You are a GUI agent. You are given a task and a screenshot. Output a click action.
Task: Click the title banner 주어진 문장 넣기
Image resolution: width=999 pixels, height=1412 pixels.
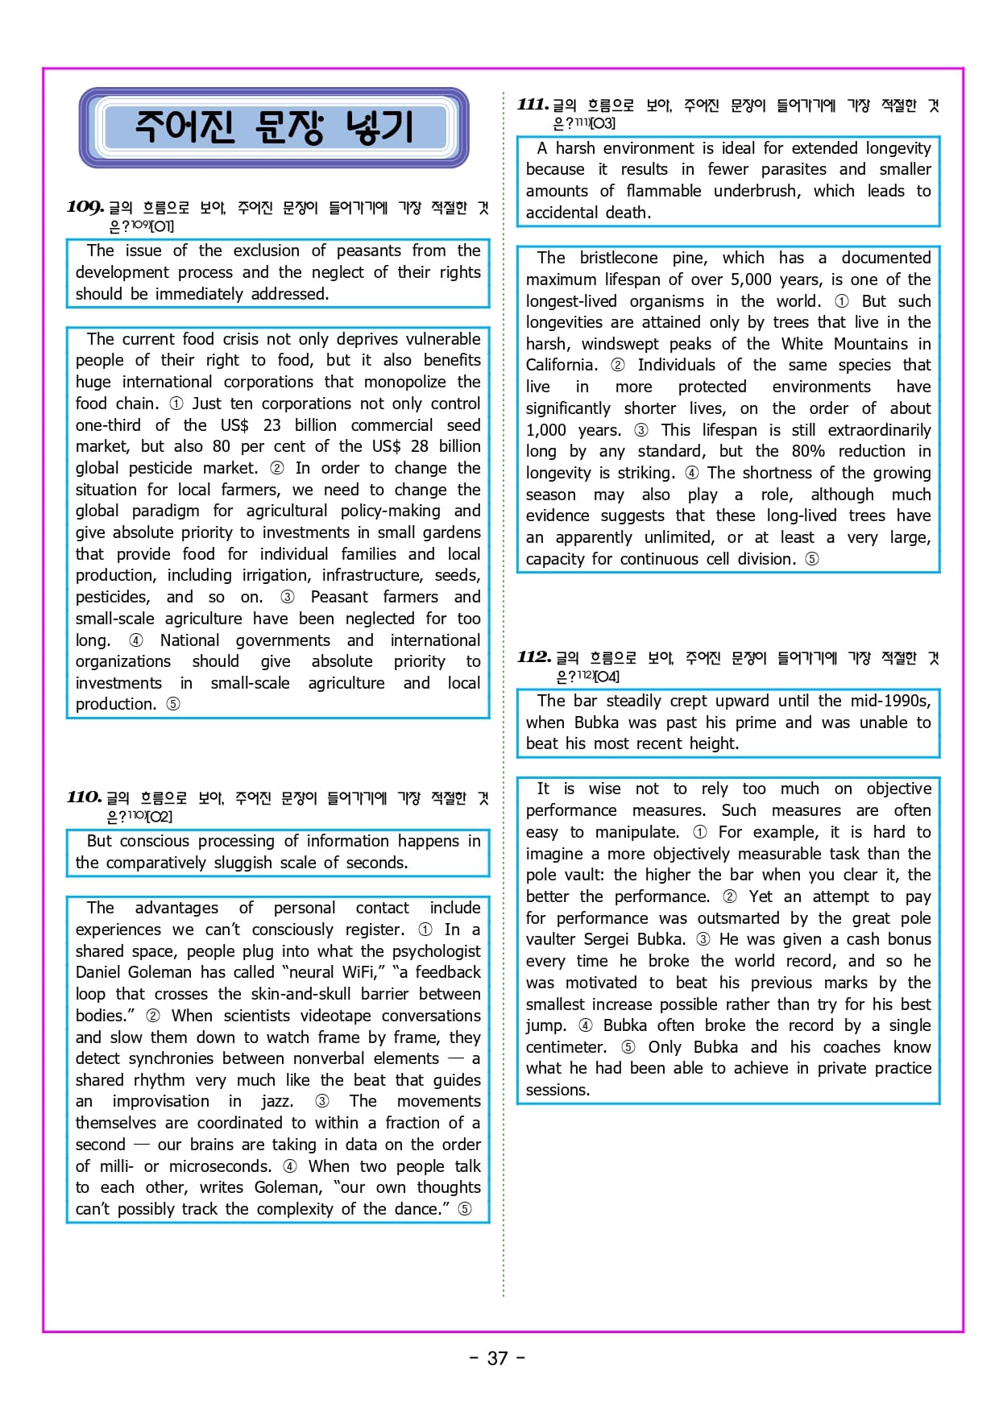(x=274, y=127)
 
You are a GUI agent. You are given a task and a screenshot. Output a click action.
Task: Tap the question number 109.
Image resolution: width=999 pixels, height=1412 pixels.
(x=85, y=207)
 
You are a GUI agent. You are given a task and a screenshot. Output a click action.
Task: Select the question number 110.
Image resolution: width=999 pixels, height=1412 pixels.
(x=85, y=797)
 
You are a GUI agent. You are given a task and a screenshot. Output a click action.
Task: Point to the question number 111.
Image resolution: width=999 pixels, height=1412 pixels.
(x=533, y=105)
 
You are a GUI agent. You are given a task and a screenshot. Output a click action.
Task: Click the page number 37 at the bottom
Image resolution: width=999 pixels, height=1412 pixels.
(x=498, y=1358)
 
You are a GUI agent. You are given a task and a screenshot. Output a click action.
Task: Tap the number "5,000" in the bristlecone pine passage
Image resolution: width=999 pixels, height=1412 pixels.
(x=751, y=280)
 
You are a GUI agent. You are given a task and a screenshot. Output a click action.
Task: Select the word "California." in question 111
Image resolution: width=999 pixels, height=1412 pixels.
(x=562, y=365)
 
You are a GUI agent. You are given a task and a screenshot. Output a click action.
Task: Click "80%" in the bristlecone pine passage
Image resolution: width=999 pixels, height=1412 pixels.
(x=808, y=451)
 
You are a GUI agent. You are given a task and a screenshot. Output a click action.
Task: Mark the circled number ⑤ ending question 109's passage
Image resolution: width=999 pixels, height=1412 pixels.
(x=172, y=704)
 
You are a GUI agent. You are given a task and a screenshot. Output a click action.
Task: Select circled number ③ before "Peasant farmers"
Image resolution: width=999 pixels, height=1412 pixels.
(x=288, y=597)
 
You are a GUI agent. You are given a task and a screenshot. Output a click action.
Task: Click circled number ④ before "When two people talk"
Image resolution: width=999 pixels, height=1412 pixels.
(x=289, y=1166)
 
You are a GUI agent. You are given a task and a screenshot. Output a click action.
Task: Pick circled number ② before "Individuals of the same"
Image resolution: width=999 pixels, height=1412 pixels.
(x=617, y=365)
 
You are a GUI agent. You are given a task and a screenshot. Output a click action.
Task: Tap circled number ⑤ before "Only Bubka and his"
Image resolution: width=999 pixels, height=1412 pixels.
(x=628, y=1047)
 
